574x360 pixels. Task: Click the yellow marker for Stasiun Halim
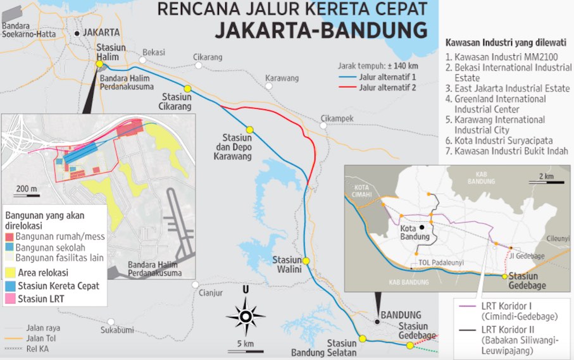click(x=99, y=63)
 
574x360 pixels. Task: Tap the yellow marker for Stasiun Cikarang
click(x=187, y=89)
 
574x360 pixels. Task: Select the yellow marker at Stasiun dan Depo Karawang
click(x=250, y=130)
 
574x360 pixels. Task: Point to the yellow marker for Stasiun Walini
click(x=306, y=261)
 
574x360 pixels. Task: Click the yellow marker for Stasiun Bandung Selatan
click(x=363, y=338)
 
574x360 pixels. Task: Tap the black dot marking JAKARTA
click(x=77, y=33)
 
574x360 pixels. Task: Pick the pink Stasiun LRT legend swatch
click(x=10, y=297)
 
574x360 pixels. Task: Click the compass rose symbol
click(x=245, y=314)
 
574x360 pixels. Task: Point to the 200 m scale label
click(x=27, y=189)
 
